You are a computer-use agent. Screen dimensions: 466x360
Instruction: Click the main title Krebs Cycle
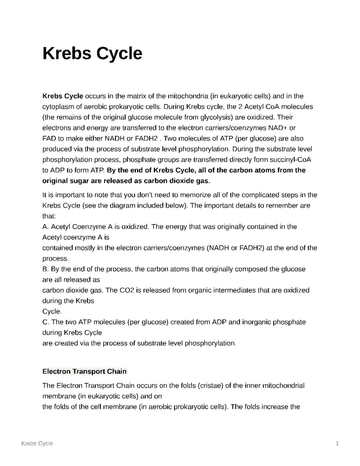pos(92,53)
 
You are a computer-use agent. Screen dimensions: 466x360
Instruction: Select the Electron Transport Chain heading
pos(84,371)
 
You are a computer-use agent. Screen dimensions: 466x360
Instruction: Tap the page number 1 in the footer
pos(337,443)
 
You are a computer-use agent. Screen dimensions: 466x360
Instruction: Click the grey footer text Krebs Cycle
pos(37,443)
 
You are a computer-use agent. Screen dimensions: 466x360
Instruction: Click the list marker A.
pos(46,227)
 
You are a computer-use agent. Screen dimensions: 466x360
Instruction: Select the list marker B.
pos(46,269)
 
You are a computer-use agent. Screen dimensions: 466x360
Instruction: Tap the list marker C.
pos(46,322)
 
